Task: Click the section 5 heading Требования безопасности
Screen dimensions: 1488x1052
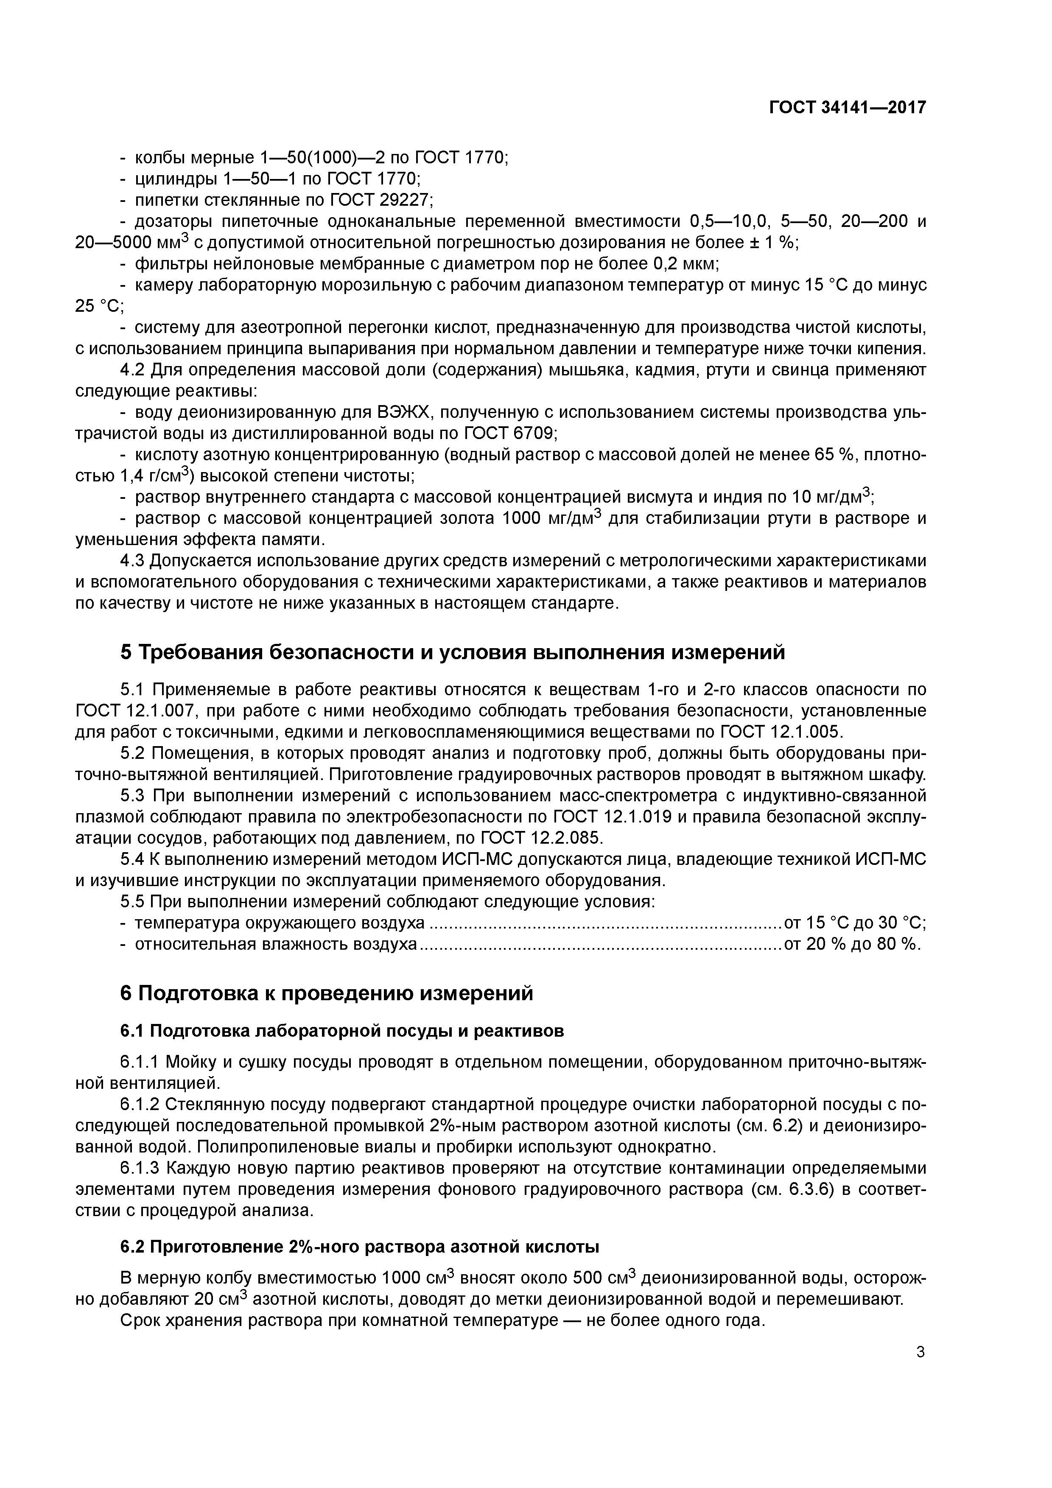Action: point(453,652)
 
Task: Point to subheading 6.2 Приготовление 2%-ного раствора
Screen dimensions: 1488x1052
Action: point(360,1247)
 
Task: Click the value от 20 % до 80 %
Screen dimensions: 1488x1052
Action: point(852,944)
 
